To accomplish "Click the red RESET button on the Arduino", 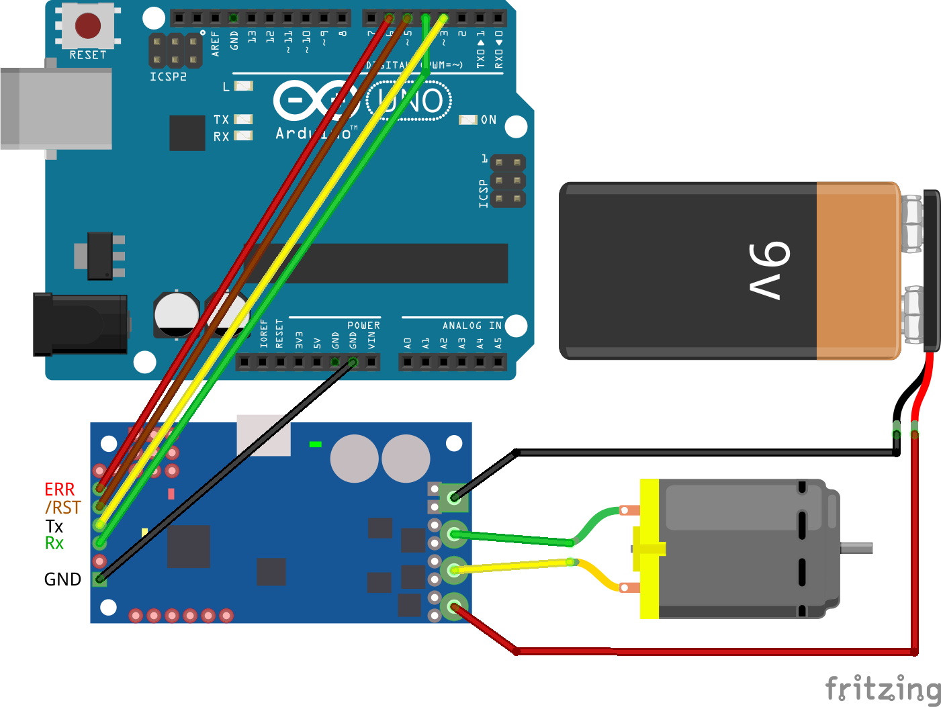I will (87, 26).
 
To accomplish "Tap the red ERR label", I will (59, 489).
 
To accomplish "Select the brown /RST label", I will (62, 508).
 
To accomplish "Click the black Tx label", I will (54, 526).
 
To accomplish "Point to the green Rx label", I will (54, 543).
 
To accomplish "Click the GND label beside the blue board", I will (62, 579).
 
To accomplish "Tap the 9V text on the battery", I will (769, 270).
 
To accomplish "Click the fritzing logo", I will (883, 690).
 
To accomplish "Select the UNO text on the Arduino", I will (410, 101).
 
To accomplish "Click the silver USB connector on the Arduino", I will (56, 108).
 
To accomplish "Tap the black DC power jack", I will (81, 324).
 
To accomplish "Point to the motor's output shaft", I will (856, 548).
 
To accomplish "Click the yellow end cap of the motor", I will (649, 549).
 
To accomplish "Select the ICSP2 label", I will (168, 77).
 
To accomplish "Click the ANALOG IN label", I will (472, 326).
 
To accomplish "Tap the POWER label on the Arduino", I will (363, 326).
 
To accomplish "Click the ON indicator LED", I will (467, 120).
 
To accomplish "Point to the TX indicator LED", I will (242, 120).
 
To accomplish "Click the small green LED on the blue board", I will (315, 444).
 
